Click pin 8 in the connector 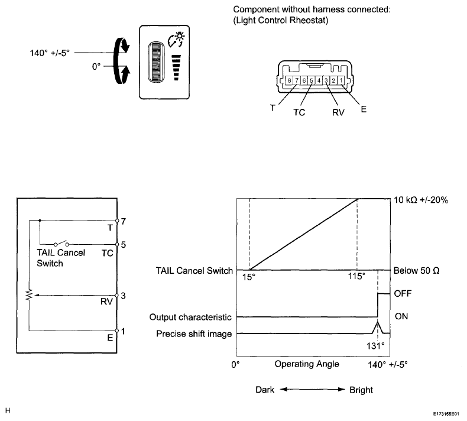[x=289, y=80]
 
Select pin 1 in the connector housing [x=341, y=80]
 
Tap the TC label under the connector [x=299, y=112]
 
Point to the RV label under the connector [x=338, y=112]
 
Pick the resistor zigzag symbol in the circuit [x=29, y=294]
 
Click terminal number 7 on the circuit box [x=124, y=221]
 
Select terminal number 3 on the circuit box [x=124, y=296]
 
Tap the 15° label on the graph [x=249, y=277]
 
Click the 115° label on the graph [x=357, y=276]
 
